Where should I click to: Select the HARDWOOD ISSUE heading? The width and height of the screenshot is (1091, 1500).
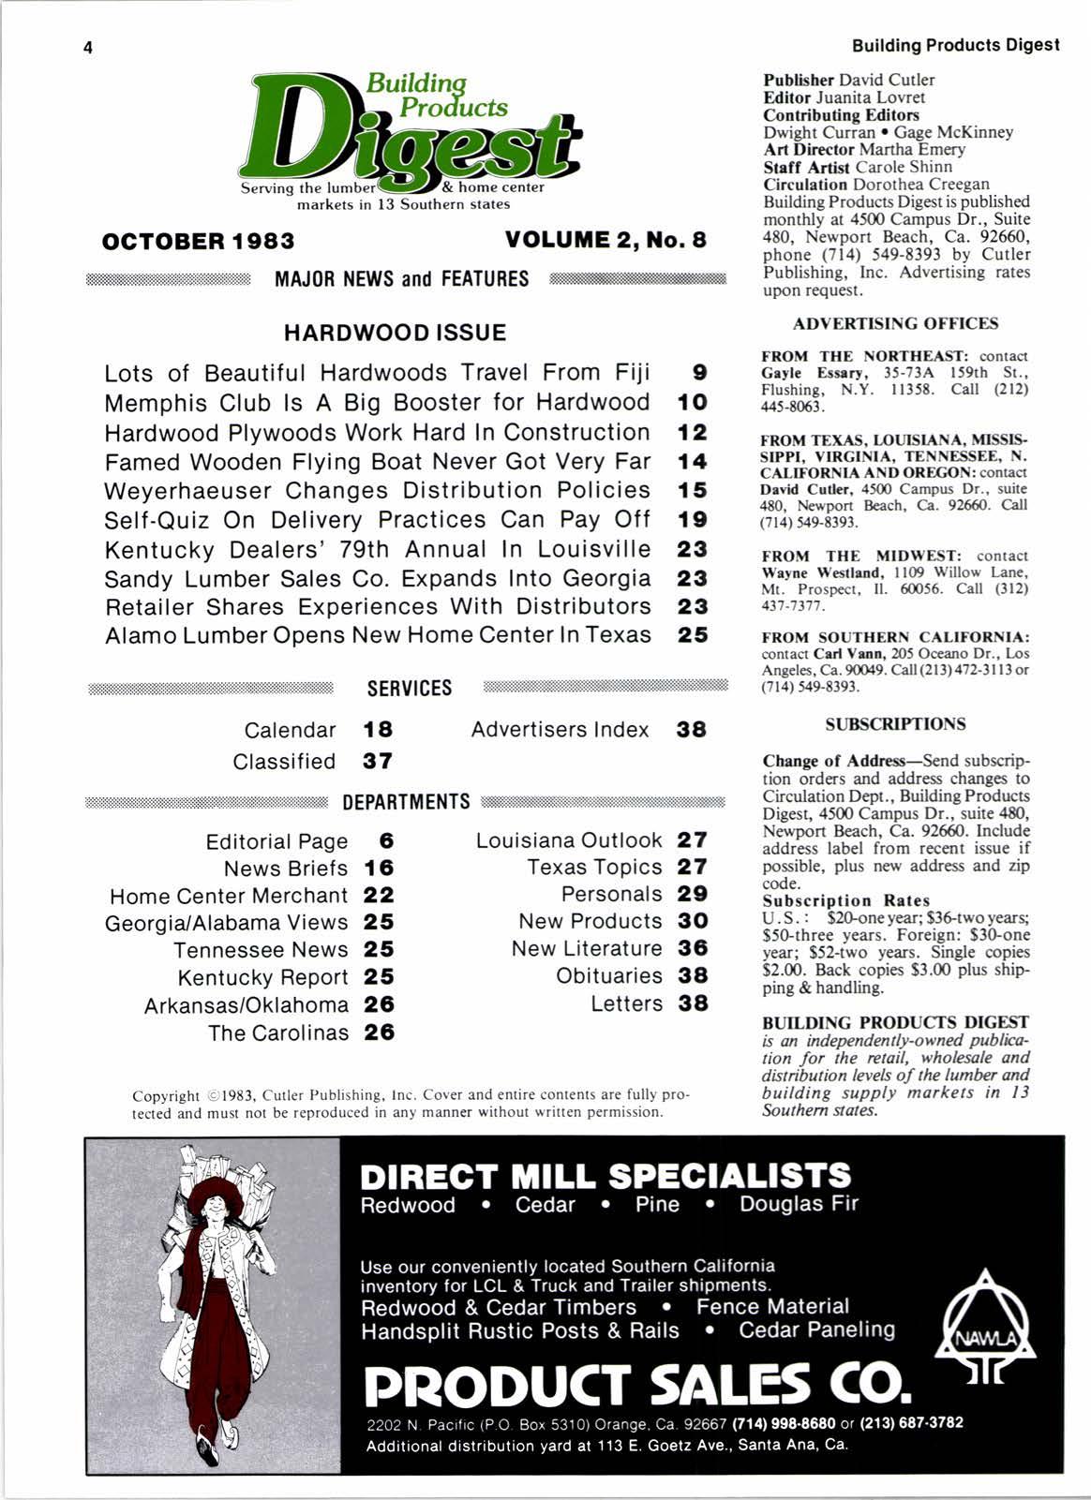pos(395,333)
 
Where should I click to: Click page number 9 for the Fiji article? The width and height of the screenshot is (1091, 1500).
pos(698,373)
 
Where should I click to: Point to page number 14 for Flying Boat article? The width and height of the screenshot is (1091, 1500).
pos(693,462)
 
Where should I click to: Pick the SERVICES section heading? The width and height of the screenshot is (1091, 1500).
pos(410,689)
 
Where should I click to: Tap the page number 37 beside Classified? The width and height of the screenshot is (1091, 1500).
pos(378,762)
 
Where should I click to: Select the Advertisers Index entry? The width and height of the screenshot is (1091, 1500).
pos(560,730)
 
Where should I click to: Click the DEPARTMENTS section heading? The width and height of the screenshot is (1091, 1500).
pos(406,803)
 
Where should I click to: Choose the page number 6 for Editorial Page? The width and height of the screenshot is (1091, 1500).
pos(386,841)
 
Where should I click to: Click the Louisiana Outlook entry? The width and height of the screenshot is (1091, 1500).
pos(569,840)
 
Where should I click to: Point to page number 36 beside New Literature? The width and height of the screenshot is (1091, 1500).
pos(693,949)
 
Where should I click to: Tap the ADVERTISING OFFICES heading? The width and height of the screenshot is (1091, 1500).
pos(895,324)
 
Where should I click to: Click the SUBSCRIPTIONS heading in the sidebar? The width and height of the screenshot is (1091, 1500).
pos(895,724)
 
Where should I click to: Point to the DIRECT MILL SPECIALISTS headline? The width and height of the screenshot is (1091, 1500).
pos(605,1176)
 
